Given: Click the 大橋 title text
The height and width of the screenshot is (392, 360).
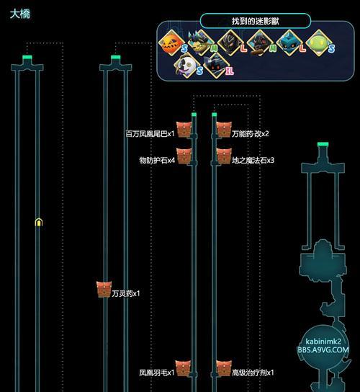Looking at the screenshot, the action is coord(20,14).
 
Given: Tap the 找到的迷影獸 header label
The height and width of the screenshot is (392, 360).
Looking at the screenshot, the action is coord(255,21).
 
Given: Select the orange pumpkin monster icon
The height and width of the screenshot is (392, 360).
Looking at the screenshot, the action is coord(171,43).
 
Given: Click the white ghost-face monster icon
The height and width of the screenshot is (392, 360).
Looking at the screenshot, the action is coord(186,66).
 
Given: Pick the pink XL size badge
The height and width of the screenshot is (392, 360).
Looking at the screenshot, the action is coord(230,71).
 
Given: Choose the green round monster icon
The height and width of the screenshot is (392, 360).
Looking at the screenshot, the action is coord(318,43).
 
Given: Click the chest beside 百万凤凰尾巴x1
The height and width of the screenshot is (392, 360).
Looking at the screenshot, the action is coord(184,129).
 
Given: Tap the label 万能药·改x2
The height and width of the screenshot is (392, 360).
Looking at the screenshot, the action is coord(251,134).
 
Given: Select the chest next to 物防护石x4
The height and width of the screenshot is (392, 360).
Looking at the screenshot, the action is coord(184,156).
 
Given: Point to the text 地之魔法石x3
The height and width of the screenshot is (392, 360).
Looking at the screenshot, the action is coord(253,160).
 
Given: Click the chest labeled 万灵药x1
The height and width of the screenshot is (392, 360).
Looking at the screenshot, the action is coord(104,289).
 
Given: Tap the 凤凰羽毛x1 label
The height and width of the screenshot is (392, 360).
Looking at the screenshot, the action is coord(157,373).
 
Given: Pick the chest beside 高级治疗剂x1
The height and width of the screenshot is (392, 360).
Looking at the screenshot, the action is coord(224,368).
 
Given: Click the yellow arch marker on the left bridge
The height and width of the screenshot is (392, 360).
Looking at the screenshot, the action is coord(38,222).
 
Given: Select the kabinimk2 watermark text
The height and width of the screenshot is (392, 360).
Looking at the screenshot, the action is coord(323,342).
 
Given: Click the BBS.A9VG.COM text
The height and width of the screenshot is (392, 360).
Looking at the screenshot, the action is coord(323,349).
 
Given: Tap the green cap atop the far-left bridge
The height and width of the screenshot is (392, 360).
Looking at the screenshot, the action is coord(27,58).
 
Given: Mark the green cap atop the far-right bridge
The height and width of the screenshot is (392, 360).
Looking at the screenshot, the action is coord(323,144).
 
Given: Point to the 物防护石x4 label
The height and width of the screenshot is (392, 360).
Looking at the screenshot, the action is coord(157,160).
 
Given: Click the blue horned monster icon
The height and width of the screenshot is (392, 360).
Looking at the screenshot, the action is coord(289,43).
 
